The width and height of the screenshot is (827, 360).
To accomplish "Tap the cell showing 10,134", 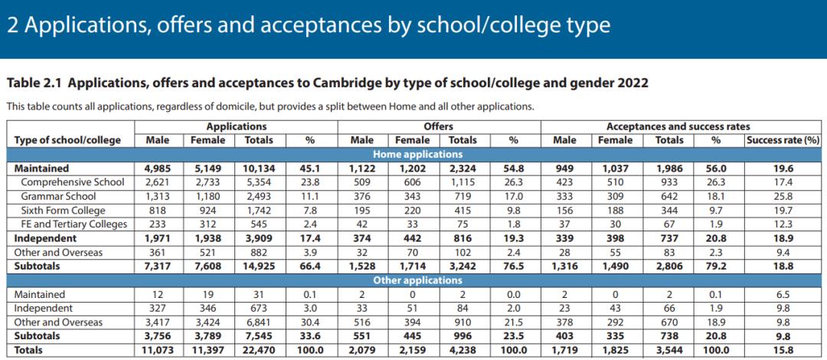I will point(258,169).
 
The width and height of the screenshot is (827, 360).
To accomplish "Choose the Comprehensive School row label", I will point(74,182).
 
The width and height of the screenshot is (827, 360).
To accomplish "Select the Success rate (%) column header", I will point(782,140).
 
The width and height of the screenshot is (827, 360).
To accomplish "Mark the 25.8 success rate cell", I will point(783,196).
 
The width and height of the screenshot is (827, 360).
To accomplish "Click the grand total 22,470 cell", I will point(258,350).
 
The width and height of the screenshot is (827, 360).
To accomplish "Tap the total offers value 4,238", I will point(463,350).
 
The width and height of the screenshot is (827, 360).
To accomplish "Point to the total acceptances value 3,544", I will point(668,350).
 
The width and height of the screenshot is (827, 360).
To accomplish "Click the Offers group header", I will point(438,126).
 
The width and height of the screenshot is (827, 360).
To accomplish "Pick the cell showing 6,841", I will point(258,322).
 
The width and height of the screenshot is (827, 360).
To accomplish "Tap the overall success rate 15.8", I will point(783,350).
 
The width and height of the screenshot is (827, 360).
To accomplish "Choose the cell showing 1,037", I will point(615,169).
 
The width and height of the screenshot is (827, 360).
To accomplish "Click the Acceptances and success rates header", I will point(678,126).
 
